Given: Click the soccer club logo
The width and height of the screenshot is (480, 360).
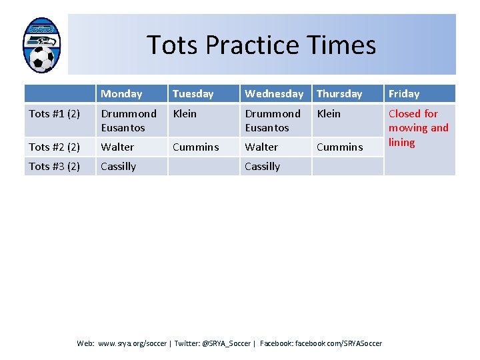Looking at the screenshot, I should point(41,45).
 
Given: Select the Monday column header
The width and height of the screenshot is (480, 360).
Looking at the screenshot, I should point(121,94).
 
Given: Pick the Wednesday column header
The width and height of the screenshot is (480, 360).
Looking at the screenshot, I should point(273,94).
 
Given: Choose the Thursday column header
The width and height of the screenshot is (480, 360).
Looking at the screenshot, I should point(339,94).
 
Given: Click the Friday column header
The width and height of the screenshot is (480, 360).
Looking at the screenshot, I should point(404,94).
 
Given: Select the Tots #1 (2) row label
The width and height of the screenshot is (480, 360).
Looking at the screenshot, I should point(55,114).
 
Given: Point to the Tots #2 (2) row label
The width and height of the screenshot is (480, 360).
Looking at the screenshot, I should point(55,147).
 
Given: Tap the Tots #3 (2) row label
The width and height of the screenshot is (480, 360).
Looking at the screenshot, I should point(55,166).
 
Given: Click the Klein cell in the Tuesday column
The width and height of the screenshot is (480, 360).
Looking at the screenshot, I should point(185,114).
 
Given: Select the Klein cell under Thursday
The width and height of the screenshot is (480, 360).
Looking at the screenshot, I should point(328,114).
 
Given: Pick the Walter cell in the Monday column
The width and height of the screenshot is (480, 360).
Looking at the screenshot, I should point(117,147).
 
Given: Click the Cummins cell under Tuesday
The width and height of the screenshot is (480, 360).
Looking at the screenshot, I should point(195,147).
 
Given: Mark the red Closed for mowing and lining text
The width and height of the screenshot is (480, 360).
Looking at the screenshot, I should point(418,128).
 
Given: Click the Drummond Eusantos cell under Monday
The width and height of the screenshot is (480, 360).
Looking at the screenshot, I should point(128,121).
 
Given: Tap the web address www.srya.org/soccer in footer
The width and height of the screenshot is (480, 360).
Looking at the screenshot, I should point(132,343).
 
